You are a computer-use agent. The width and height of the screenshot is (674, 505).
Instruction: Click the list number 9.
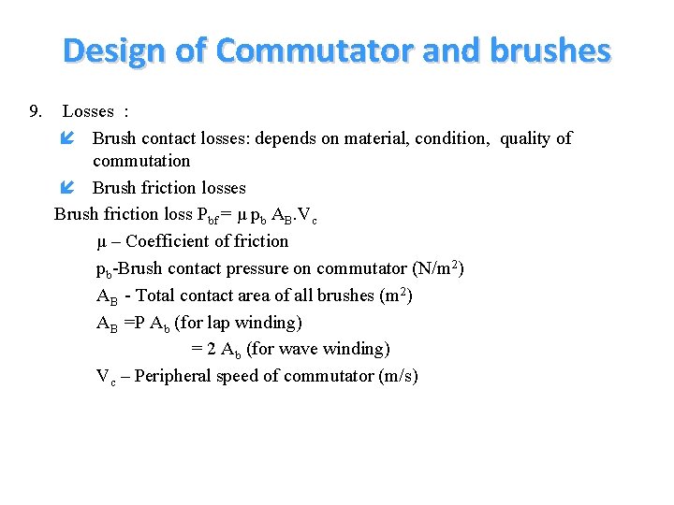[x=36, y=112]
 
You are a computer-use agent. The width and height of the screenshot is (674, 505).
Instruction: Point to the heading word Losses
[x=88, y=112]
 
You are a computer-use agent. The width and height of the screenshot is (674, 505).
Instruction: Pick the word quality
[x=526, y=138]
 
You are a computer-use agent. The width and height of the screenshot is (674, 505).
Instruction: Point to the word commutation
[x=141, y=161]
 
